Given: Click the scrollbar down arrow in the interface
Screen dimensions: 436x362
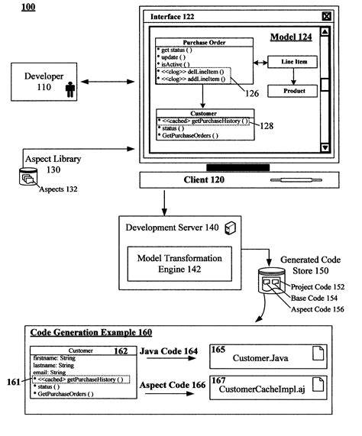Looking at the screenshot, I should (x=325, y=147).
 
